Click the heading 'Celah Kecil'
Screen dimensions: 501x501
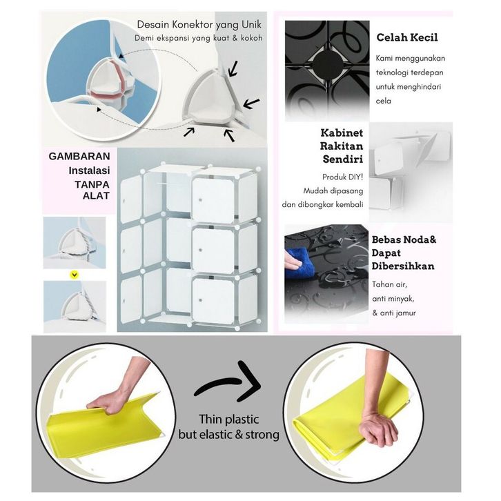407,37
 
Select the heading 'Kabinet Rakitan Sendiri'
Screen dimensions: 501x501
342,147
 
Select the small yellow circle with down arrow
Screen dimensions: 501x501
74,274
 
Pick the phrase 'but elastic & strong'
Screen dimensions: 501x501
228,435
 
